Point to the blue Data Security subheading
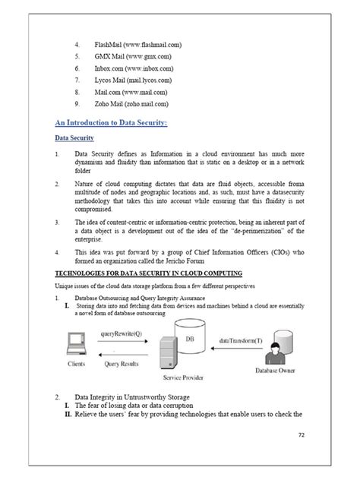[x=74, y=139]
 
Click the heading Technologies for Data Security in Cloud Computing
[x=149, y=273]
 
